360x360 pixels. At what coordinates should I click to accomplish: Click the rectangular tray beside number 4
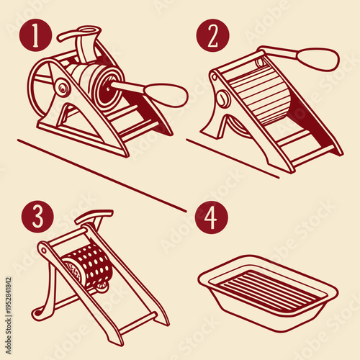(268, 292)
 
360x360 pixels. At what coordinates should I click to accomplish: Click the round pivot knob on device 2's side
(222, 99)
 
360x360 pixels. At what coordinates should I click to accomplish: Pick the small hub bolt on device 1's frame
(64, 89)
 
